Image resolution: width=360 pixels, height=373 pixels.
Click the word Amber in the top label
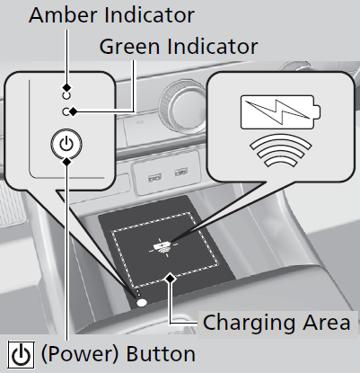click(63, 15)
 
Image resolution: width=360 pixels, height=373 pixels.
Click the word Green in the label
click(129, 47)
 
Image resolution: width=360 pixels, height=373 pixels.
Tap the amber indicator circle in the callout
click(66, 95)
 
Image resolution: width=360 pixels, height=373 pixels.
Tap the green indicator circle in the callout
click(66, 111)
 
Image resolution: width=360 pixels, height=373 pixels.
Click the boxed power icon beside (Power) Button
click(22, 355)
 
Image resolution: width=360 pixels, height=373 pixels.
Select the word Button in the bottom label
click(161, 354)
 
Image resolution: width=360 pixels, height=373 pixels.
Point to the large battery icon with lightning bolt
click(280, 112)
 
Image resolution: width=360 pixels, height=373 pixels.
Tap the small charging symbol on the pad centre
click(163, 247)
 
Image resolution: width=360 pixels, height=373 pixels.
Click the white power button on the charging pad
click(142, 303)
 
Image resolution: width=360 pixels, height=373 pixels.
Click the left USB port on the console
click(154, 177)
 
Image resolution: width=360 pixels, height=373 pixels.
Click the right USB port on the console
click(181, 173)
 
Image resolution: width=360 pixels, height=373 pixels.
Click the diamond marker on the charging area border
click(171, 279)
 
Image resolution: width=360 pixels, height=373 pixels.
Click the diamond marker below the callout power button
click(67, 162)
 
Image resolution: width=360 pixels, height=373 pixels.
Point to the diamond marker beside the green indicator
click(73, 111)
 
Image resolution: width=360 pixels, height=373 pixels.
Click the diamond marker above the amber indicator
click(66, 87)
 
